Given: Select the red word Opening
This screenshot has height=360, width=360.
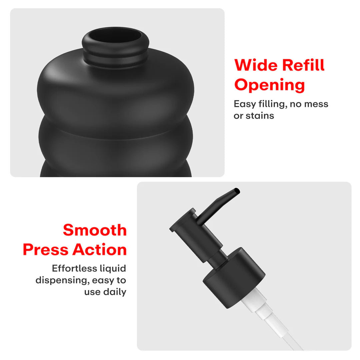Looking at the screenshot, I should click(x=270, y=85).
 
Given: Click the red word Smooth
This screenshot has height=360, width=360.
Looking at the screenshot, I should click(x=95, y=230).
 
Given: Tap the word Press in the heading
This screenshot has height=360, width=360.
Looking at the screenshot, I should click(x=45, y=250).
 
